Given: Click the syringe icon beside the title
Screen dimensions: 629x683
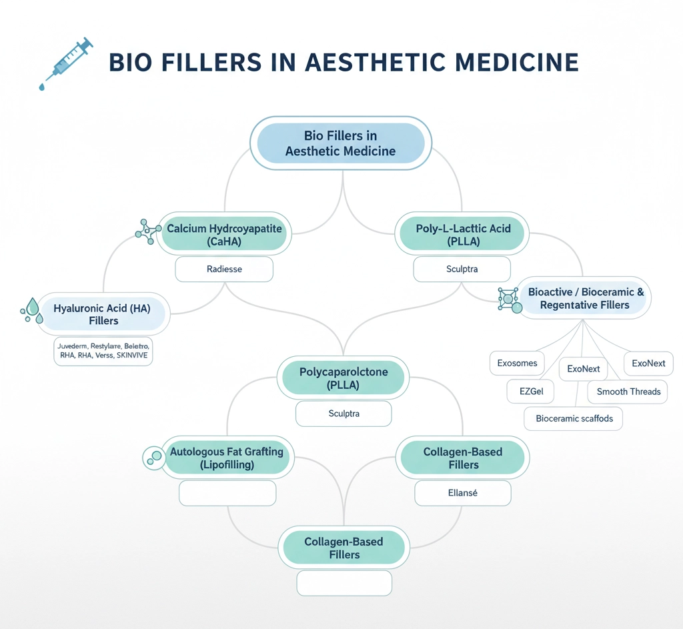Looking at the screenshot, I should pyautogui.click(x=65, y=64).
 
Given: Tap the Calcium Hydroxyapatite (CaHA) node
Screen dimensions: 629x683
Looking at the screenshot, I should pyautogui.click(x=224, y=235).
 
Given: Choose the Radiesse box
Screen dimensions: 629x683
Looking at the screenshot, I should pyautogui.click(x=224, y=269).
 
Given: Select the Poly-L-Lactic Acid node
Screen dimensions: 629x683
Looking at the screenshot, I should pyautogui.click(x=463, y=235).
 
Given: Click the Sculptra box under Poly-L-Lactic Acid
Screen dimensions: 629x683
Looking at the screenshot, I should pyautogui.click(x=462, y=269).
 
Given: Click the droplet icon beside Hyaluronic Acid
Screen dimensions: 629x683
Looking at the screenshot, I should pyautogui.click(x=31, y=311).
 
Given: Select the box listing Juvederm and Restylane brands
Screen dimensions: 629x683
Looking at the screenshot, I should pyautogui.click(x=103, y=352).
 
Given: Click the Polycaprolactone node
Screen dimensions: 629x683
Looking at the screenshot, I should pyautogui.click(x=344, y=378).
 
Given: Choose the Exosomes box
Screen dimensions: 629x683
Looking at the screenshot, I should pyautogui.click(x=517, y=364).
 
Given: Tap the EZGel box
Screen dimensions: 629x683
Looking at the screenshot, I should pyautogui.click(x=531, y=392).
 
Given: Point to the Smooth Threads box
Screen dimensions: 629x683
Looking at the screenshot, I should pyautogui.click(x=628, y=392).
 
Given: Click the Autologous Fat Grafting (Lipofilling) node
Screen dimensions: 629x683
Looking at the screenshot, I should pyautogui.click(x=227, y=458).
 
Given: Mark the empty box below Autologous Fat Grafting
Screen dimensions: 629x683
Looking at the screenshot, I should pyautogui.click(x=227, y=493).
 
